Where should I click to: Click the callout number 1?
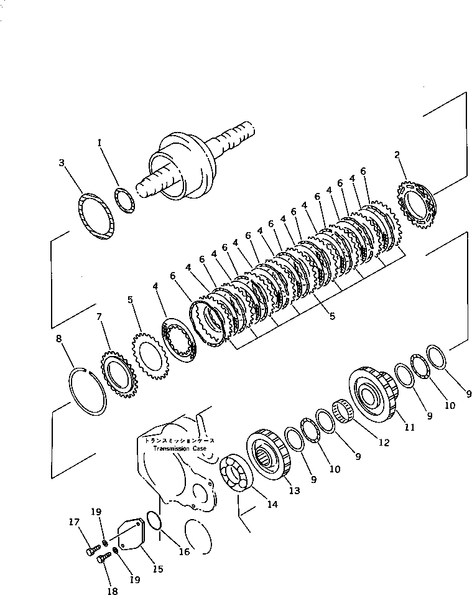click(x=99, y=143)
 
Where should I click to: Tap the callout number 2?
click(x=397, y=155)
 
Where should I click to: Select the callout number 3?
click(x=61, y=163)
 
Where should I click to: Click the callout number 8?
click(x=59, y=340)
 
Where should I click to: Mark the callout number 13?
click(x=294, y=490)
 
